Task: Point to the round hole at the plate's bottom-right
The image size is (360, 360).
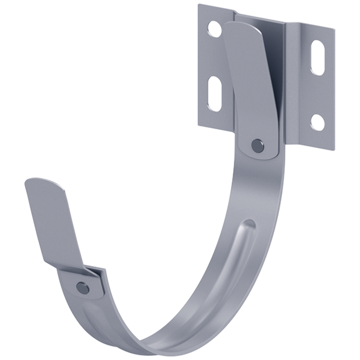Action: coord(318,122)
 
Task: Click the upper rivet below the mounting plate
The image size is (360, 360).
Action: coord(257,145)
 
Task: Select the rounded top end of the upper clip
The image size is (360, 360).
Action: coord(243,27)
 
